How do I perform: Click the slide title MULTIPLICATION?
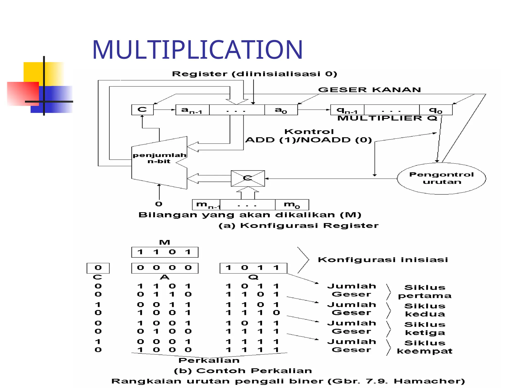[197, 50]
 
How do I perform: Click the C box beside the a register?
[142, 110]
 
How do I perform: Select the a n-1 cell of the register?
[192, 110]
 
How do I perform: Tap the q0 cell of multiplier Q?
[436, 110]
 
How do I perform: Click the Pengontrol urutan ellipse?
[441, 178]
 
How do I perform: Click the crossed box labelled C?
[248, 178]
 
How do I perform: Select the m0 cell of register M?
[292, 205]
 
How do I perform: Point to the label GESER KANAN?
[369, 90]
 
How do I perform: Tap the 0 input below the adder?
[159, 204]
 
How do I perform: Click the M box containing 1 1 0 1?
[165, 252]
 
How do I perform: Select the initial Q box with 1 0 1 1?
[253, 268]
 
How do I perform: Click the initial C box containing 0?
[98, 268]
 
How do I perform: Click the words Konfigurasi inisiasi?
[383, 260]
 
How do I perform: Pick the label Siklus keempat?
[425, 347]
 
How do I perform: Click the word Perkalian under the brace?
[209, 360]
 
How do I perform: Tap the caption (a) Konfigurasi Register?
[298, 226]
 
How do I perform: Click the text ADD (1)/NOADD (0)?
[308, 140]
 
